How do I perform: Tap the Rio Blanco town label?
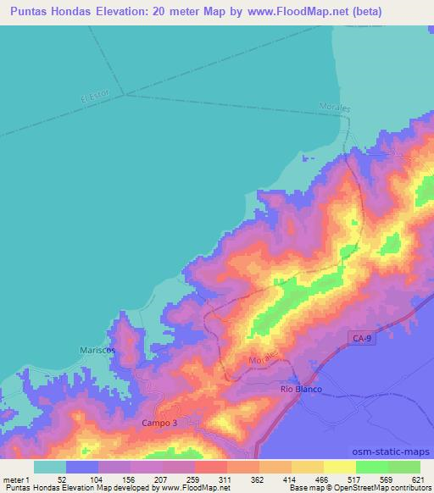[300, 388]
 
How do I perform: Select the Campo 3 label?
[159, 421]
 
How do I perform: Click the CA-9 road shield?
[360, 338]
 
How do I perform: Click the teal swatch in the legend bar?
[50, 466]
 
